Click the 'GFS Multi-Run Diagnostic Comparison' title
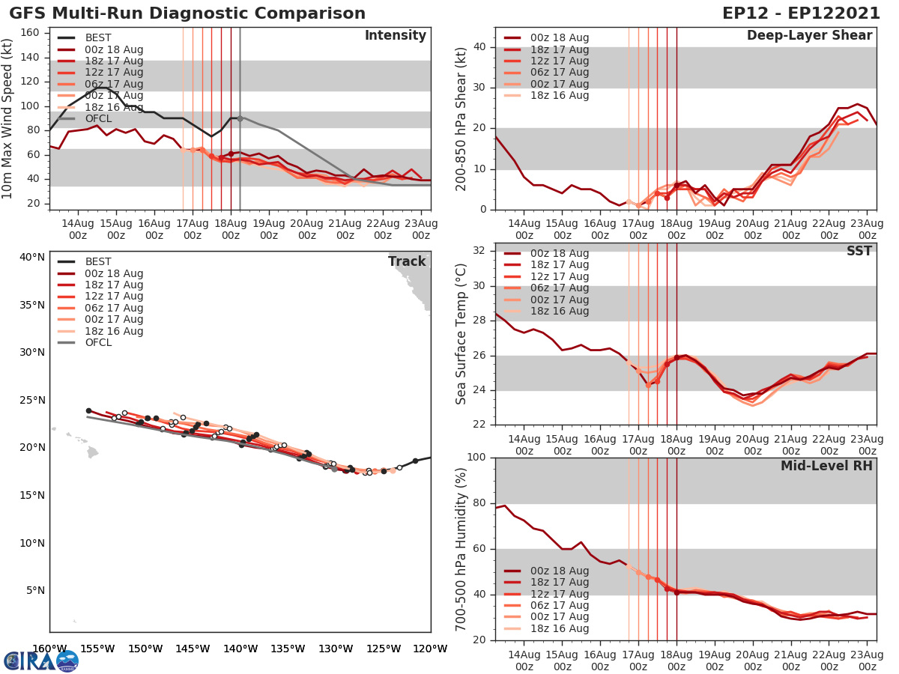pos(187,13)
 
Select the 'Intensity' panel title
pos(395,36)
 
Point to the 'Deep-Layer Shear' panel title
pos(809,36)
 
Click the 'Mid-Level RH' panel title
pos(826,466)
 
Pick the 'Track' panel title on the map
pos(407,261)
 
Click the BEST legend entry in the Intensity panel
pos(98,38)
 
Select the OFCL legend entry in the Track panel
pos(98,342)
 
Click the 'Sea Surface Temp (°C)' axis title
pos(461,334)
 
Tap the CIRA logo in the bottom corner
pos(41,661)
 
